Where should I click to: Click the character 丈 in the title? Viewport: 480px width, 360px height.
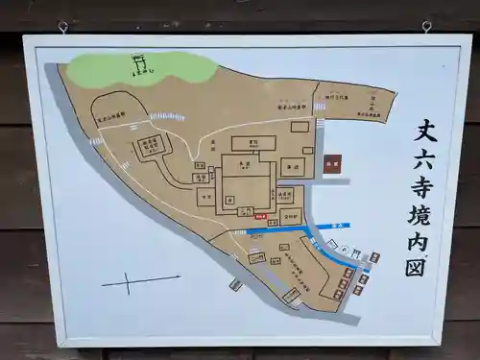[x=425, y=131]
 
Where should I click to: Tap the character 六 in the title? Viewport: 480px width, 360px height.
[x=424, y=157]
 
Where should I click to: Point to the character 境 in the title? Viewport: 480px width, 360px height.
[x=423, y=213]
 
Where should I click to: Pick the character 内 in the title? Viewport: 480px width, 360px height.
[x=422, y=239]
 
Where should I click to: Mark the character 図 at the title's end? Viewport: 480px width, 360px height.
[x=421, y=266]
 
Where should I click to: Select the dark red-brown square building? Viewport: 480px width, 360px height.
[x=332, y=165]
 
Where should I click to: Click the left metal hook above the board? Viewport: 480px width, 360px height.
[x=63, y=27]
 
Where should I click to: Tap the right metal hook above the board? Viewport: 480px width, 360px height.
[x=426, y=27]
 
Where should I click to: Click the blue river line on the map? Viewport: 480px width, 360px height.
[x=326, y=227]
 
